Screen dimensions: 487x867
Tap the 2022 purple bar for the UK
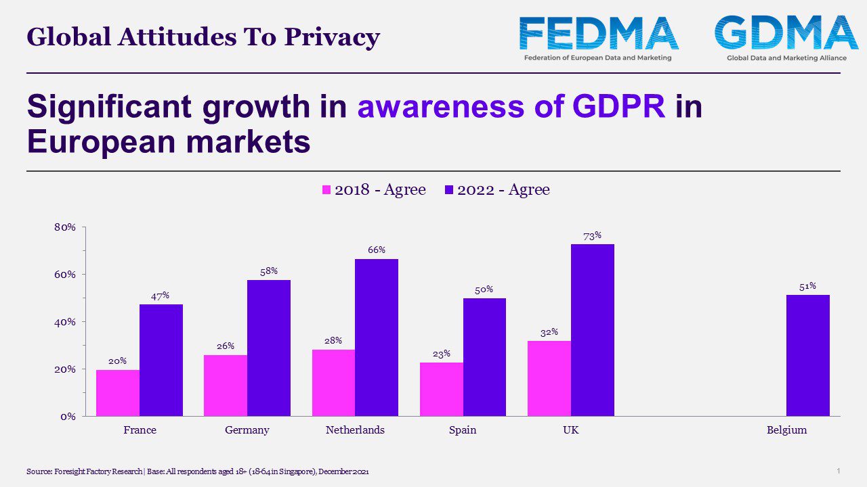592,330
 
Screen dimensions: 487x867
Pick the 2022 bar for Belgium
807,355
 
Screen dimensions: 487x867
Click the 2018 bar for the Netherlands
333,382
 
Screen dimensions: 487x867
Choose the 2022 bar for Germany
268,348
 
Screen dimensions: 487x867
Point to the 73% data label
592,236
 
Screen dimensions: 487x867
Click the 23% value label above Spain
441,354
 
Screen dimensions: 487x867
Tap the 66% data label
377,250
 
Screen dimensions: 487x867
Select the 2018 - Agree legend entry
373,190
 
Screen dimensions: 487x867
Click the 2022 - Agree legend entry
496,190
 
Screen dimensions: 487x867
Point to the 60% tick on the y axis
65,275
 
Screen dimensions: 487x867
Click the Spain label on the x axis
462,430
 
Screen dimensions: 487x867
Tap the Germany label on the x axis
247,430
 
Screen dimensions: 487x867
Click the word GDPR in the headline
618,107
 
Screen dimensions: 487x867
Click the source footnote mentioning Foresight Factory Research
198,471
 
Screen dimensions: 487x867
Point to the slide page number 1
838,470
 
